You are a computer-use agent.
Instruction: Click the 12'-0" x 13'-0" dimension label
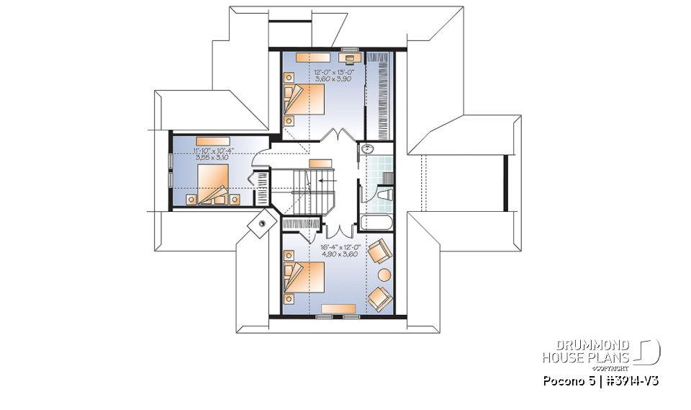332,76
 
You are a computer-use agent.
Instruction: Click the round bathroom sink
367,150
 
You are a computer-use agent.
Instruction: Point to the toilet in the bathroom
384,195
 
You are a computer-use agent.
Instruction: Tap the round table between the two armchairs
384,274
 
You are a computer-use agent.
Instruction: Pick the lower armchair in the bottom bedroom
379,297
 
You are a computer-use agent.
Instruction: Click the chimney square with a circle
258,225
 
